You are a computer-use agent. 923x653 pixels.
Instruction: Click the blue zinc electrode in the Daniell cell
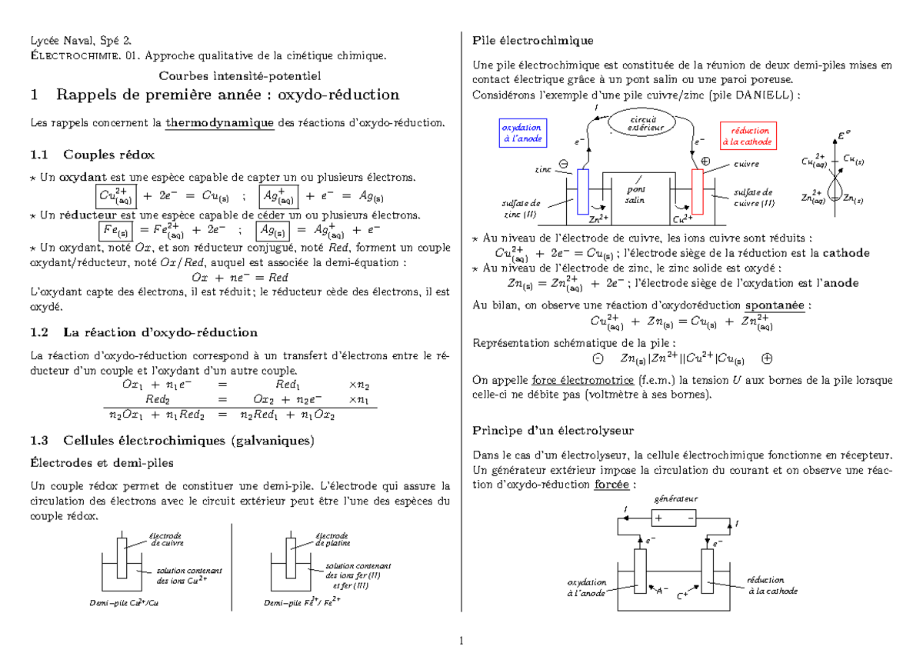click(583, 191)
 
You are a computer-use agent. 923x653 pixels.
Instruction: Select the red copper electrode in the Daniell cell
click(698, 191)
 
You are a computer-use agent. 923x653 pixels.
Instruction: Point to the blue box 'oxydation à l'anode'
click(522, 133)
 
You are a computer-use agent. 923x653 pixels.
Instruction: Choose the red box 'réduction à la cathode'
click(745, 136)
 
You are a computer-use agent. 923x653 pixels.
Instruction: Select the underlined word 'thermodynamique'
click(220, 123)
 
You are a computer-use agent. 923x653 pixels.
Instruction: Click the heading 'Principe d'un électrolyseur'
click(553, 430)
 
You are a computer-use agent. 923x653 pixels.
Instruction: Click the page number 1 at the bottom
click(461, 641)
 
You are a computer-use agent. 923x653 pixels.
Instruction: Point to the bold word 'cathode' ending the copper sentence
click(846, 253)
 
